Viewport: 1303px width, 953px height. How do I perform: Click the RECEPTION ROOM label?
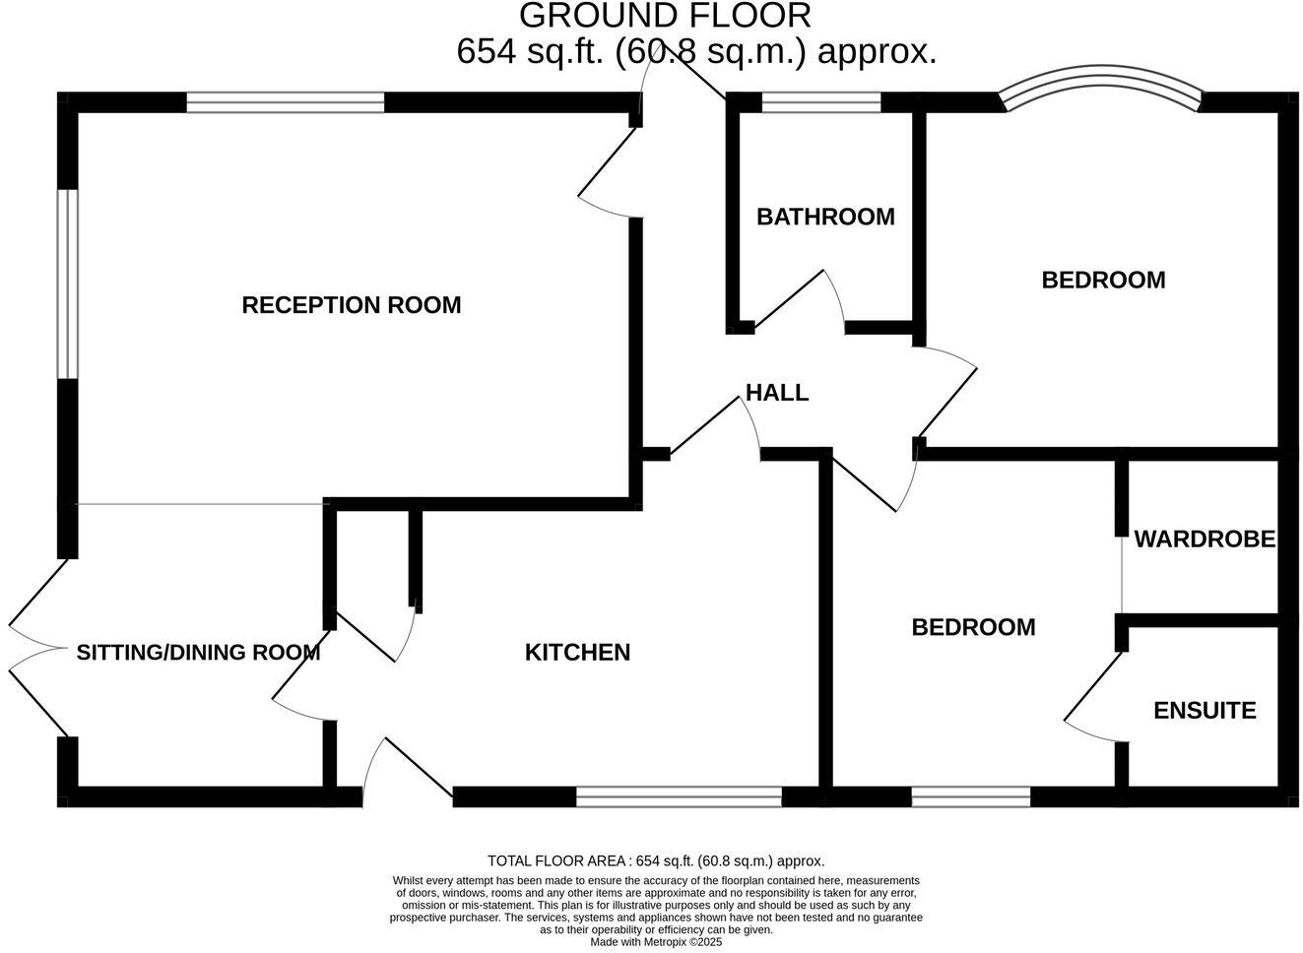pyautogui.click(x=352, y=305)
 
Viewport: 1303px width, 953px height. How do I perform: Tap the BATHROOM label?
pyautogui.click(x=825, y=217)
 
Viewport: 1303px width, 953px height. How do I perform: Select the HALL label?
pyautogui.click(x=777, y=393)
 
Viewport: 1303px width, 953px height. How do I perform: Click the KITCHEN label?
pyautogui.click(x=577, y=652)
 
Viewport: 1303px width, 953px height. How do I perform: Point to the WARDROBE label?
pyautogui.click(x=1205, y=540)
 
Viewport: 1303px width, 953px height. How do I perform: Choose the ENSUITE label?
pyautogui.click(x=1205, y=711)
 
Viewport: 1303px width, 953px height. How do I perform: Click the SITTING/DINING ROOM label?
pyautogui.click(x=198, y=652)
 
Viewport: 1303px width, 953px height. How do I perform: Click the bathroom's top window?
pyautogui.click(x=821, y=101)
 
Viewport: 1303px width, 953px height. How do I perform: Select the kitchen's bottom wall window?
pyautogui.click(x=679, y=796)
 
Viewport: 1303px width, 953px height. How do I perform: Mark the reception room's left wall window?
pyautogui.click(x=67, y=284)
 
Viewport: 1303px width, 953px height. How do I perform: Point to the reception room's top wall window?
pyautogui.click(x=285, y=101)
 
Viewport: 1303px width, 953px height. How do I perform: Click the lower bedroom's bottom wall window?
pyautogui.click(x=970, y=796)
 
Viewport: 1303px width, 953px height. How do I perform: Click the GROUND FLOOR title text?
pyautogui.click(x=665, y=16)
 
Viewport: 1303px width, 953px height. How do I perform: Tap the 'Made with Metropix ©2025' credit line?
pyautogui.click(x=656, y=942)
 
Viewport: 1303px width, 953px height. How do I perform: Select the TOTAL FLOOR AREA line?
pyautogui.click(x=656, y=860)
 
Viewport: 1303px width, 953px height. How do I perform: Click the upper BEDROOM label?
pyautogui.click(x=1103, y=281)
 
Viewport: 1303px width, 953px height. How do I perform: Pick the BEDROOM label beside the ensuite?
pyautogui.click(x=973, y=627)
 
